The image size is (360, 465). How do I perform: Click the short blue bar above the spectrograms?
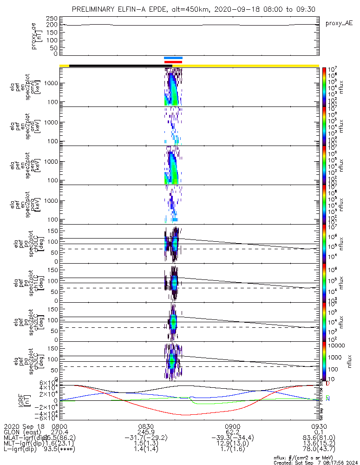click(173, 58)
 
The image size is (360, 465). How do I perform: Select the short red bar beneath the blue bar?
click(173, 62)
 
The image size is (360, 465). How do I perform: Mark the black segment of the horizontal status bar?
click(120, 66)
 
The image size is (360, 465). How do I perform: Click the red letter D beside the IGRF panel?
click(327, 384)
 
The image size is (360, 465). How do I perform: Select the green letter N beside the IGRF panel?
click(327, 398)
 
